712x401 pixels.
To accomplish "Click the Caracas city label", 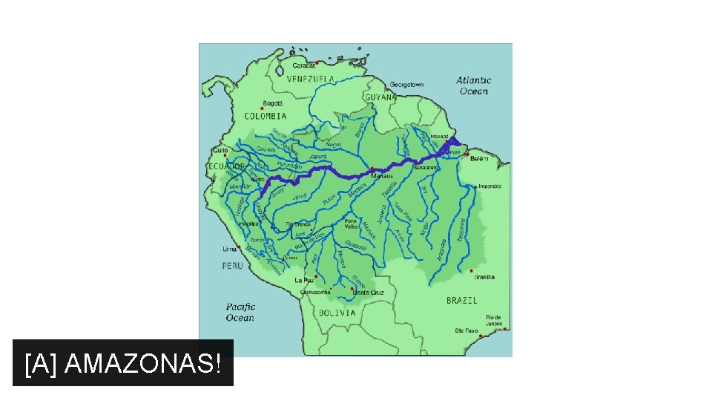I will [305, 65].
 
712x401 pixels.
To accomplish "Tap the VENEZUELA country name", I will [311, 79].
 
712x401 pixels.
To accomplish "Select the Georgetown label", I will [407, 85].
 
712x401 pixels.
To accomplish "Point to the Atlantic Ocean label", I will [474, 85].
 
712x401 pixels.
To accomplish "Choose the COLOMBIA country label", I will [266, 117].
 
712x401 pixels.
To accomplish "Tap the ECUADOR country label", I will [225, 166].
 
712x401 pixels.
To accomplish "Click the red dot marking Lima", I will [239, 248].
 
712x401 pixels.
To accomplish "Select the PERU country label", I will [232, 265].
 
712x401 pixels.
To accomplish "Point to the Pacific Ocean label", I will [240, 312].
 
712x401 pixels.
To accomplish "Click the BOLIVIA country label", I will [337, 313].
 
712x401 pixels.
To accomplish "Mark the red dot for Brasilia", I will [472, 270].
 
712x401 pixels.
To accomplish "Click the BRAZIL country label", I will [461, 301].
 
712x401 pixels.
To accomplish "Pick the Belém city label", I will [479, 159].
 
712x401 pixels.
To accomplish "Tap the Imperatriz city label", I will [490, 186].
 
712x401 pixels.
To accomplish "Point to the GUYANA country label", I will [380, 97].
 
